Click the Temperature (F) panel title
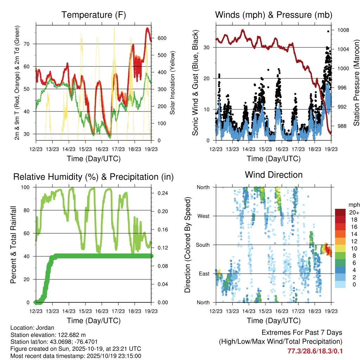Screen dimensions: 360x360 [94, 15]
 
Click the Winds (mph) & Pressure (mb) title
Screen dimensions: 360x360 [274, 15]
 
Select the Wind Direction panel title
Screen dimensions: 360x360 [274, 175]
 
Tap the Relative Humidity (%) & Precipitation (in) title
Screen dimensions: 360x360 [94, 177]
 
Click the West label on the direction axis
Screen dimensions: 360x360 [203, 216]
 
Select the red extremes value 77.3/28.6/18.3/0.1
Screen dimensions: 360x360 [315, 351]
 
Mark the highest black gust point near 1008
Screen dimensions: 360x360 [328, 31]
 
